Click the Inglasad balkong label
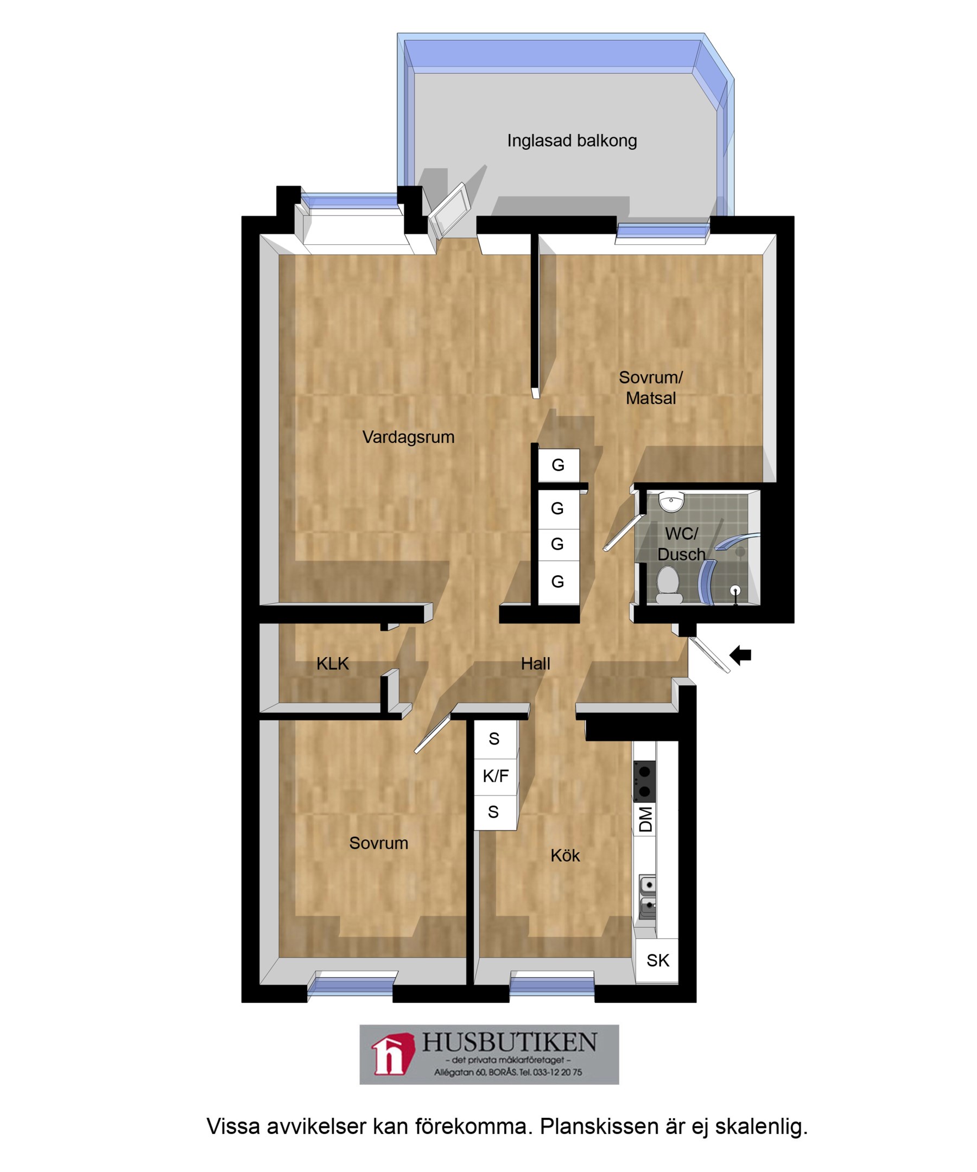pos(572,141)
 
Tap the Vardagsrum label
pos(408,437)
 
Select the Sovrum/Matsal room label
pos(650,388)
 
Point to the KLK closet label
pos(332,664)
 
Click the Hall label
pos(535,664)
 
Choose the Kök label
pos(565,856)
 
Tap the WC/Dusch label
pos(681,544)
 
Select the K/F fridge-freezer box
pos(496,776)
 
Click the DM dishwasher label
pos(645,819)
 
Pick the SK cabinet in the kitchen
pos(657,960)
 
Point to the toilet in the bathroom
pos(668,585)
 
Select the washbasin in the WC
pos(671,501)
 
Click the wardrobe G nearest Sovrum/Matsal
pos(559,465)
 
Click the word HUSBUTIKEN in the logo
pos(509,1042)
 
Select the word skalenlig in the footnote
pos(762,1126)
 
